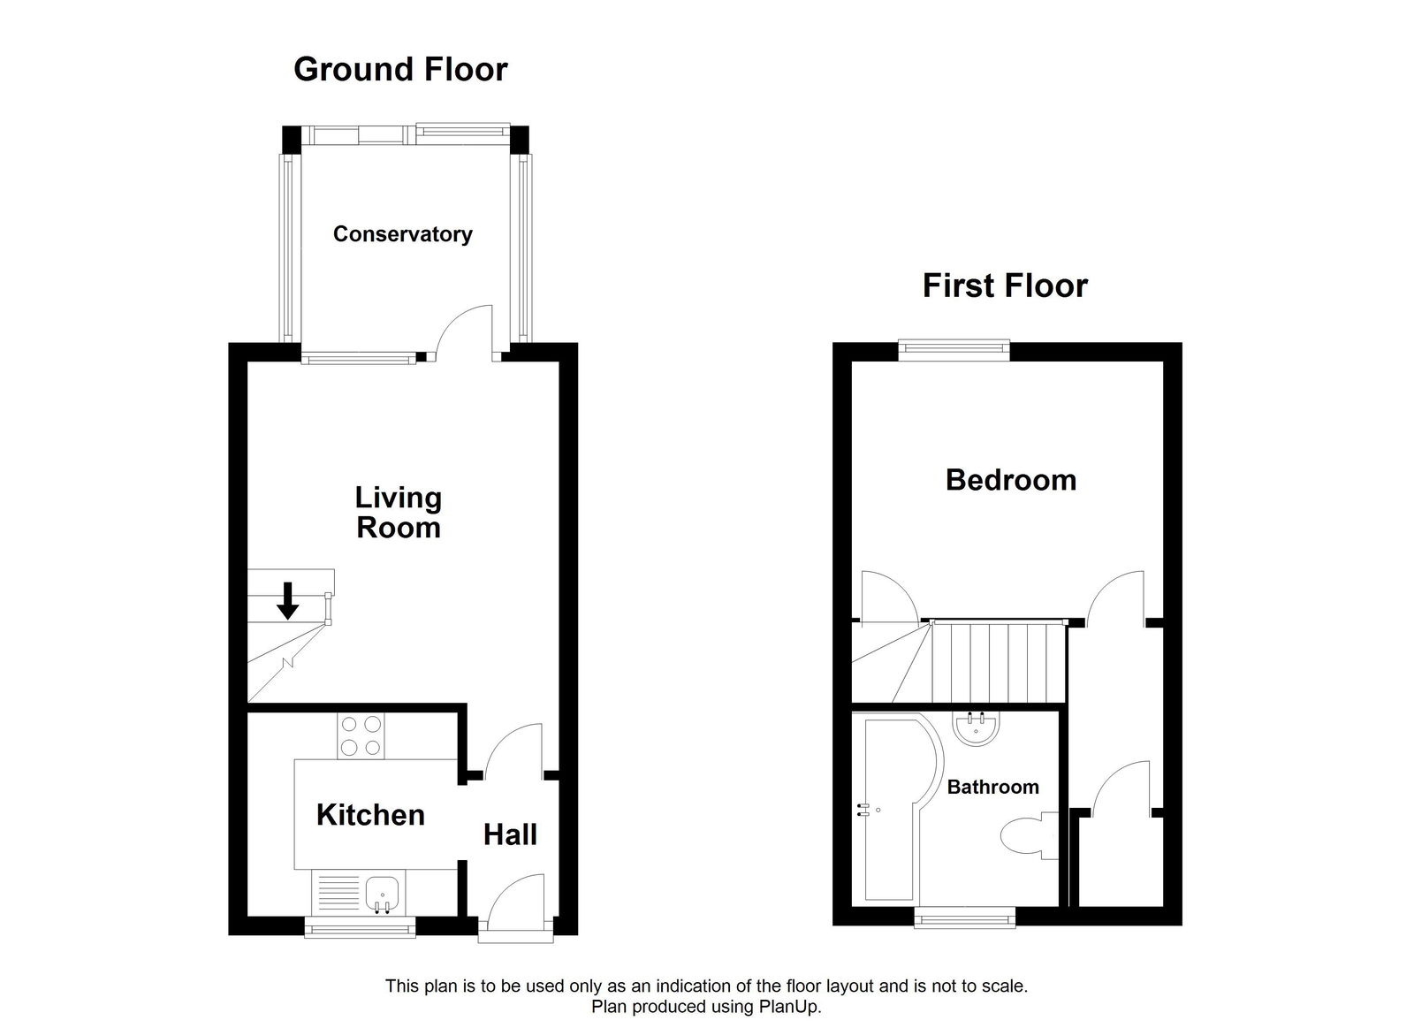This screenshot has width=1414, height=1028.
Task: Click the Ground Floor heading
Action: (400, 69)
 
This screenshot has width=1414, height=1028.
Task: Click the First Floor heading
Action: (1005, 286)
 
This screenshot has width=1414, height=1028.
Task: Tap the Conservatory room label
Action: (402, 234)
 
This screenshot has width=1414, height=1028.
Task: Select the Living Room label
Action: (398, 512)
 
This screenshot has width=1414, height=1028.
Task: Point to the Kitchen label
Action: (370, 814)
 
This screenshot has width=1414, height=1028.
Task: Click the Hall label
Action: (510, 834)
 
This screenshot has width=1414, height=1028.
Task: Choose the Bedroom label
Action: (1011, 480)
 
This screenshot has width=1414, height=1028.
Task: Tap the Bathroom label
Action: (992, 787)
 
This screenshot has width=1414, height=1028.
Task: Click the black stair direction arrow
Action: (287, 600)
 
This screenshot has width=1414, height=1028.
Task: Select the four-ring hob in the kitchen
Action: (360, 735)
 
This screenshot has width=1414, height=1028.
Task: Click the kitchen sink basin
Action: (384, 891)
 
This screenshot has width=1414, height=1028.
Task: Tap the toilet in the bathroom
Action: (1028, 835)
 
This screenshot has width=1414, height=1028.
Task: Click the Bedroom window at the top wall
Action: (954, 349)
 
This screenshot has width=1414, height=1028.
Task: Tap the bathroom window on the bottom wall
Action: (964, 919)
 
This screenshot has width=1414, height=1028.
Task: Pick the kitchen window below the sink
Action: (359, 927)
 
